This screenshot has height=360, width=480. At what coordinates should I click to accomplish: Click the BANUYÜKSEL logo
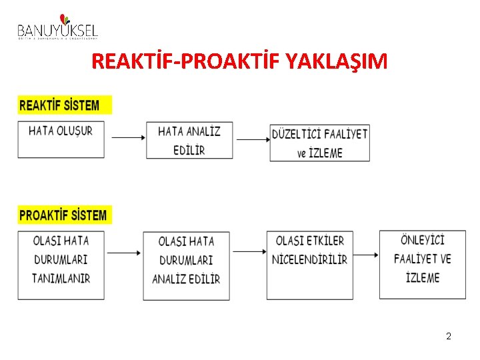point(57,27)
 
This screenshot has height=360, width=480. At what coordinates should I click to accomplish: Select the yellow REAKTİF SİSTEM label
point(65,105)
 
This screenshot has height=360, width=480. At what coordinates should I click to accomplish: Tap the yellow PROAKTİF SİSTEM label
point(65,215)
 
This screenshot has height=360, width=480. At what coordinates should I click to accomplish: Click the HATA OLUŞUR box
point(61,139)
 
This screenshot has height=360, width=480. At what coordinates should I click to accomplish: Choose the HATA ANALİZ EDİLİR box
point(189,140)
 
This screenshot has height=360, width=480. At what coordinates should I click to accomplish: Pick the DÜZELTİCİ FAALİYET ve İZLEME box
point(319,142)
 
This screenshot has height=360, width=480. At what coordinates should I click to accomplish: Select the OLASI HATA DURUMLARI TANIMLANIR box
point(61,265)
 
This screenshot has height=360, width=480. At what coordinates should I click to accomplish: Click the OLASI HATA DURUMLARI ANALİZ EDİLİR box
point(186,265)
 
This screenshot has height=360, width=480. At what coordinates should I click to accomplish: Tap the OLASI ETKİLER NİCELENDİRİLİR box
point(310,265)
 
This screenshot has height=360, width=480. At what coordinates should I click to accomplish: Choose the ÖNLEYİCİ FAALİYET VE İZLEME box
point(423,264)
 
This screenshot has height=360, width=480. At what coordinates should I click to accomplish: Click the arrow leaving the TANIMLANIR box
point(123,253)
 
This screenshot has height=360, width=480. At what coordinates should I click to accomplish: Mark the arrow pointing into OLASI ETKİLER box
point(248,251)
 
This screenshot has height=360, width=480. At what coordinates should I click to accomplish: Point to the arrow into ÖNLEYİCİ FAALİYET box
point(366,254)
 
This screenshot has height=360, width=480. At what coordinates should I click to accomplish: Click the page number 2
point(449,336)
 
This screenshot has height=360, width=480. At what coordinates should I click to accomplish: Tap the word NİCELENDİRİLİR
point(310,260)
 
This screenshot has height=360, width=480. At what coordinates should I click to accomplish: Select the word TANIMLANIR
point(61,278)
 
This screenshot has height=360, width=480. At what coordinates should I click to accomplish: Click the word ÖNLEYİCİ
point(423,240)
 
